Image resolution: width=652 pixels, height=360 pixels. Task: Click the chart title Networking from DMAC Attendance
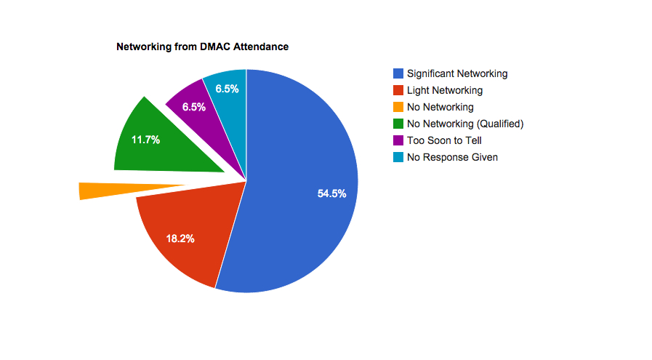pyautogui.click(x=203, y=47)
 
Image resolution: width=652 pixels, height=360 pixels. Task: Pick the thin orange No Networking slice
pyautogui.click(x=109, y=190)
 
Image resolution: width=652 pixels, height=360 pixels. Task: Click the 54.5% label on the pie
pyautogui.click(x=331, y=193)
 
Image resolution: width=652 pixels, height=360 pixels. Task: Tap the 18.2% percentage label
pyautogui.click(x=180, y=238)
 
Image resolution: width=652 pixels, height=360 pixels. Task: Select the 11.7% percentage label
pyautogui.click(x=145, y=140)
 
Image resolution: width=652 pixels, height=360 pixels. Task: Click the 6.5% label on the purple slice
pyautogui.click(x=194, y=107)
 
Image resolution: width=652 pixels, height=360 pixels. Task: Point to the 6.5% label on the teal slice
pyautogui.click(x=228, y=89)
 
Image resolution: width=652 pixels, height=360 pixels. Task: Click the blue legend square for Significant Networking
pyautogui.click(x=398, y=73)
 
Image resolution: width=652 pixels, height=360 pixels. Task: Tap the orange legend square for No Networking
pyautogui.click(x=398, y=107)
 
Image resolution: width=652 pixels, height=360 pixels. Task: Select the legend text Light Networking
pyautogui.click(x=445, y=90)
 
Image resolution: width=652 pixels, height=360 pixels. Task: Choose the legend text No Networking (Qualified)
pyautogui.click(x=465, y=124)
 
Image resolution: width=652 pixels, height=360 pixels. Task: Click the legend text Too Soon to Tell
pyautogui.click(x=444, y=140)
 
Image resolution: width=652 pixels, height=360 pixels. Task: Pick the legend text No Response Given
pyautogui.click(x=452, y=157)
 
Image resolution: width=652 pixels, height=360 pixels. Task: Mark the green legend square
pyautogui.click(x=398, y=124)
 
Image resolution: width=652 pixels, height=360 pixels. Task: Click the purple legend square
pyautogui.click(x=398, y=140)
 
